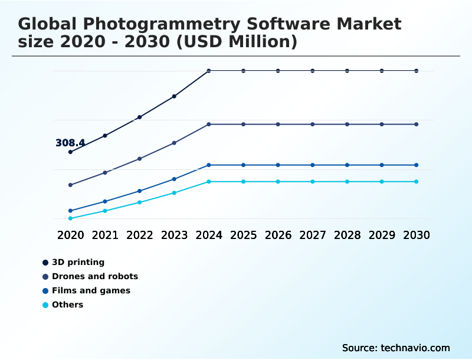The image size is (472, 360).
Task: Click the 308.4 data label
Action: click(70, 143)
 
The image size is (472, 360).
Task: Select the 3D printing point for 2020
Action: click(70, 152)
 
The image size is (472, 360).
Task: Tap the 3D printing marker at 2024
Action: click(209, 71)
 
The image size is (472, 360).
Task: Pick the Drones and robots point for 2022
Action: click(140, 159)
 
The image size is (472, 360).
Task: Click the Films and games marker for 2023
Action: click(174, 179)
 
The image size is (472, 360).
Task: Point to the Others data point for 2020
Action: click(70, 218)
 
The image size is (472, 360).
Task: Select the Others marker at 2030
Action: click(417, 182)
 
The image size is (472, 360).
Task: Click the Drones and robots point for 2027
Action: click(313, 125)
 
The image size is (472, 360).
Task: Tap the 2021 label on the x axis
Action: click(105, 235)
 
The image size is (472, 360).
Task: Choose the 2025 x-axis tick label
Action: click(244, 235)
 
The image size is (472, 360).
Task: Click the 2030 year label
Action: click(417, 235)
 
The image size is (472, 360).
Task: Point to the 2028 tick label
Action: click(347, 235)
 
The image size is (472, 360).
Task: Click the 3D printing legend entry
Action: click(78, 262)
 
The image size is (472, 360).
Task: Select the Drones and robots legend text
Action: click(94, 276)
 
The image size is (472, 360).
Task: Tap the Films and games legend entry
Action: click(91, 290)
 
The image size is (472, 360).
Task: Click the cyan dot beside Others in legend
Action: click(45, 305)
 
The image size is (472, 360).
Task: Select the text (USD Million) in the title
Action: click(237, 42)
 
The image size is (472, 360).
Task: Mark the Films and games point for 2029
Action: click(382, 165)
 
